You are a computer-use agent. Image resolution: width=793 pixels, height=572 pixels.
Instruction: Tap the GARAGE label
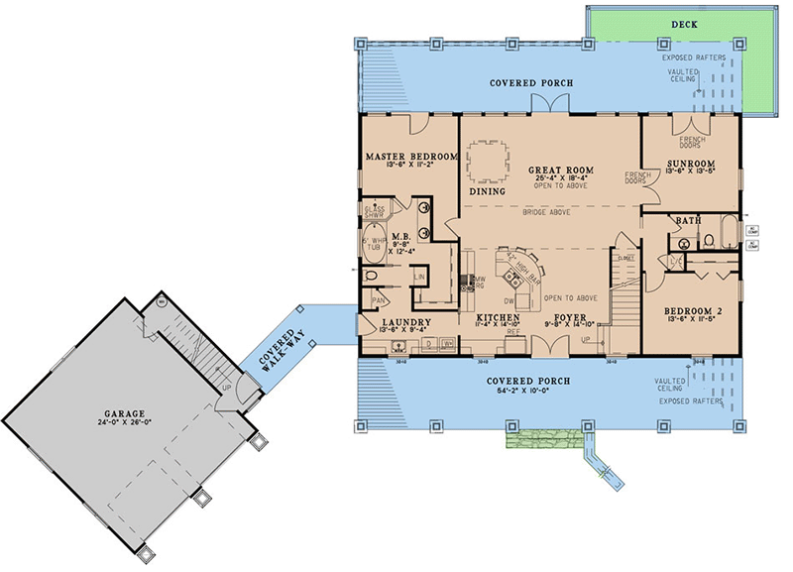click(121, 412)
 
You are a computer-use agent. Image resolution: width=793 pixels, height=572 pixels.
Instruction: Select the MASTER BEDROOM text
click(408, 157)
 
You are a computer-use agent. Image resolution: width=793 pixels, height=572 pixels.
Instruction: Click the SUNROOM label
click(690, 161)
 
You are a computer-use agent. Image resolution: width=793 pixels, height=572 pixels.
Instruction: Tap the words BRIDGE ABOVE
click(547, 211)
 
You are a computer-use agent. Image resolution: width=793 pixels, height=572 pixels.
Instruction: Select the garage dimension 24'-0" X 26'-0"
click(121, 423)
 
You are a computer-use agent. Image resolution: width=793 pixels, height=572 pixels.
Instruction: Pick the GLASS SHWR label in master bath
click(374, 213)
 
